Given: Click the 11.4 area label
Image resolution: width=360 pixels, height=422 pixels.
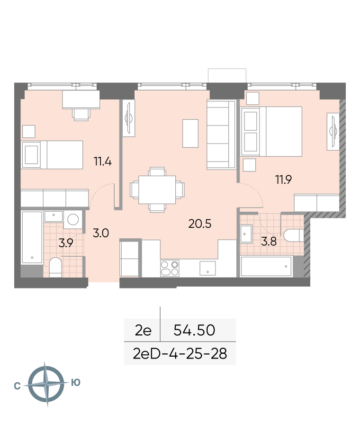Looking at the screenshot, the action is coord(103,162).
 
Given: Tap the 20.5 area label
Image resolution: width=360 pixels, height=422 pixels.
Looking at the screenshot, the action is coord(200,224).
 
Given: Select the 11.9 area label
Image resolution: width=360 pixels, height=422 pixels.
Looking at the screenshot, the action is coord(284,180).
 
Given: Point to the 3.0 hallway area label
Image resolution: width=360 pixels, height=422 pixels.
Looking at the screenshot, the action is coord(101,233).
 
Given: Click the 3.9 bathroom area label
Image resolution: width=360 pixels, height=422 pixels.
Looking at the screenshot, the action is coord(66,243).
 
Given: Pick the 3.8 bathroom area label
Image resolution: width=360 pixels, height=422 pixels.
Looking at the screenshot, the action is coord(269,242).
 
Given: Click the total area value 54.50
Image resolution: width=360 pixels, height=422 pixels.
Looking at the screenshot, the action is coord(194,330).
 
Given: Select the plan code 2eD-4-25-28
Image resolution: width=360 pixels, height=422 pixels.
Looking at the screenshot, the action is coord(180,354).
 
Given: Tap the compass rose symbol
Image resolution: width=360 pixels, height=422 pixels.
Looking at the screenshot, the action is coord(46,384).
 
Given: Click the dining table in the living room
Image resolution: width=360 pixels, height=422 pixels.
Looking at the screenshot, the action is coord(157,190).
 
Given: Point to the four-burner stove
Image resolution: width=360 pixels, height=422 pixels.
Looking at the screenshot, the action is coord(170,268).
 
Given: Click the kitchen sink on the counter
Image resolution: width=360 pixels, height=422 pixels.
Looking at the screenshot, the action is coord(207,268).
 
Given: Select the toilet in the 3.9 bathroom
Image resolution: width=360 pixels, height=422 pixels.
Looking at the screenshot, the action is coord(55,267).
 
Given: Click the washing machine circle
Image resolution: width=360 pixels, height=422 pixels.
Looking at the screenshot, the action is coord(73,219).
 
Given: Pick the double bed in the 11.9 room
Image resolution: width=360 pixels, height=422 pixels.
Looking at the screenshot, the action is coord(272,132).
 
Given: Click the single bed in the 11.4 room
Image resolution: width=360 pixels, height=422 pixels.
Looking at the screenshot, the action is coord(52,155).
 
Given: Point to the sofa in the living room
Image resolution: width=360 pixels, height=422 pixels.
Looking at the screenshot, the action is coord(222,135).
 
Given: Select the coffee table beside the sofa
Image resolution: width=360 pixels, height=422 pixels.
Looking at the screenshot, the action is coord(190,134).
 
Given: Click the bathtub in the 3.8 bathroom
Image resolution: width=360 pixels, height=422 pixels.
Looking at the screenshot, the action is coord(266,267).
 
